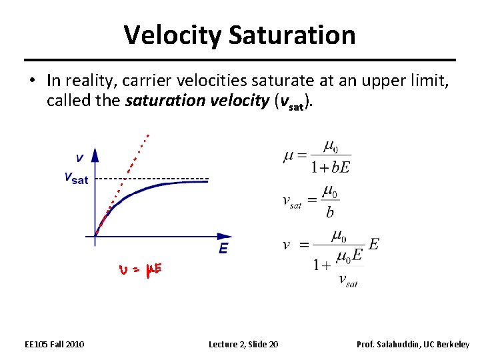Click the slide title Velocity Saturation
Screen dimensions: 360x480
click(239, 35)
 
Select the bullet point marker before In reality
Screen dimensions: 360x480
click(31, 81)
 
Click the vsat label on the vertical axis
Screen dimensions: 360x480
click(75, 178)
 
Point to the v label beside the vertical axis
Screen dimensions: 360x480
click(79, 158)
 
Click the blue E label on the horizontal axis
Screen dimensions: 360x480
click(223, 249)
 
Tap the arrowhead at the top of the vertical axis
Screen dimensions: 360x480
click(95, 153)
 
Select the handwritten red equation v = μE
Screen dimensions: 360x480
click(140, 270)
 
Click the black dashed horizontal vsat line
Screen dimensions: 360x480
click(153, 179)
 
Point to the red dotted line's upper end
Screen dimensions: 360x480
click(148, 136)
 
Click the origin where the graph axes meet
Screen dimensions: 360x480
click(95, 236)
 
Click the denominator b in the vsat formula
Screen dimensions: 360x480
click(330, 213)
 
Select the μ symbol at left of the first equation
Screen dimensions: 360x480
click(288, 156)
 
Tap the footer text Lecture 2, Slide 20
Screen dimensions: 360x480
click(243, 344)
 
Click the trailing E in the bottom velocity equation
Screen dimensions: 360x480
click(373, 244)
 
